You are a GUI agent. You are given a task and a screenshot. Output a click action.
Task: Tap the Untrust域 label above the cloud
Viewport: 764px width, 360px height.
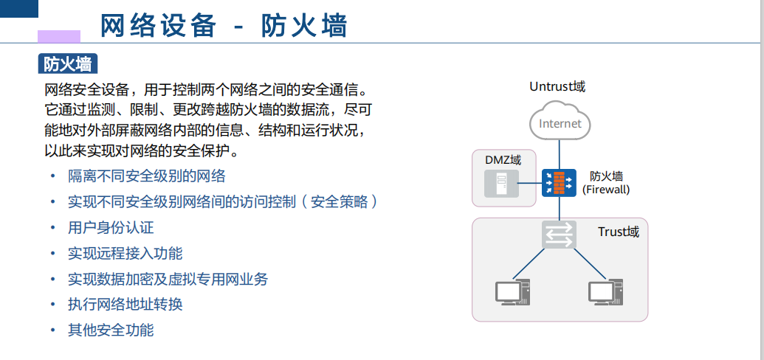point(557,87)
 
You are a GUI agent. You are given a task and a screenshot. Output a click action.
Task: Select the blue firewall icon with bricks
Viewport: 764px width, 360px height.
point(559,183)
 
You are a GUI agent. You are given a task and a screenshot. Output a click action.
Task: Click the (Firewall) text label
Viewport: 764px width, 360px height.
point(606,190)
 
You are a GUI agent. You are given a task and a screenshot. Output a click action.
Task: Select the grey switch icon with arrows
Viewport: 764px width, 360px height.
point(559,235)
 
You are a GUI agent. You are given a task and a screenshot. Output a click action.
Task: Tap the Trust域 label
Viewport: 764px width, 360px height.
point(618,232)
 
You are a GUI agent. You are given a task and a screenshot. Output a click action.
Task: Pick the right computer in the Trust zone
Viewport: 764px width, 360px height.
point(606,293)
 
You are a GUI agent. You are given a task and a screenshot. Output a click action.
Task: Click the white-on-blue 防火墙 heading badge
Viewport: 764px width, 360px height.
point(67,65)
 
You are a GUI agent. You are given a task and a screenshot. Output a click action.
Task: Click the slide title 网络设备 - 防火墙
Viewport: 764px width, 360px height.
point(224,26)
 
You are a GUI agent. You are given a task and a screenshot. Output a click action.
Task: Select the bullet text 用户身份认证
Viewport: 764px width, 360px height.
point(111,228)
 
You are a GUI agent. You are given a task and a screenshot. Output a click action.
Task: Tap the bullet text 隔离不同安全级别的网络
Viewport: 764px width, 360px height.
point(146,176)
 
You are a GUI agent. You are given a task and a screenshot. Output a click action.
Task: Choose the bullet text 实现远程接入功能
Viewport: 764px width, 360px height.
point(125,254)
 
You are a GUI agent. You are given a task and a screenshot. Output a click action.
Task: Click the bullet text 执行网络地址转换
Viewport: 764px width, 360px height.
point(125,305)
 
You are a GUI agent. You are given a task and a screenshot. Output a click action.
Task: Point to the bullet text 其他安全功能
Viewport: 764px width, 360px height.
point(111,330)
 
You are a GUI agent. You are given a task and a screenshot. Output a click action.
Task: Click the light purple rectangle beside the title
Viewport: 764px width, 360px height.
point(58,36)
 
